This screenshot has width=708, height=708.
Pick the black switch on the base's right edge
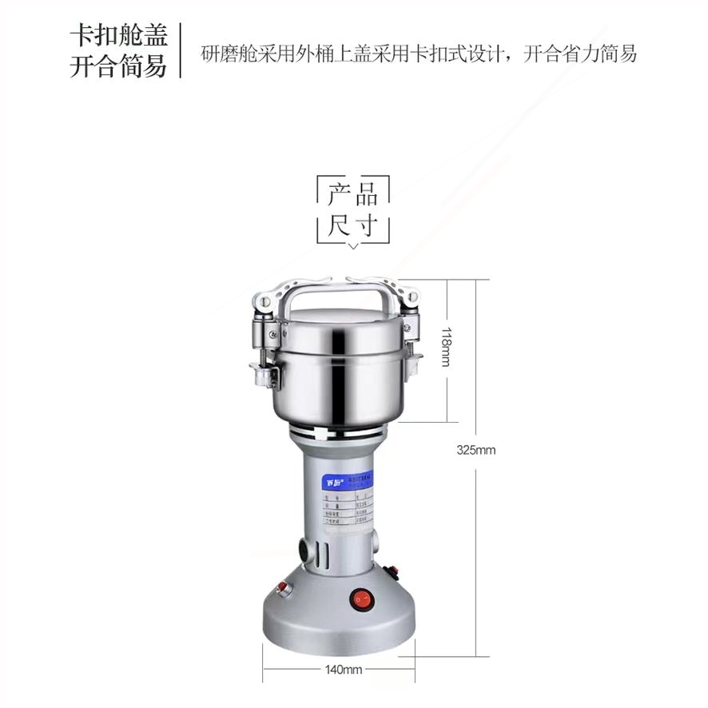tap(392, 572)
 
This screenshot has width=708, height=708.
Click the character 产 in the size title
tap(340, 194)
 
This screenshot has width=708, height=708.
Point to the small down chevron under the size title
tap(353, 246)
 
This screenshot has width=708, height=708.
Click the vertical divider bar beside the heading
tap(181, 50)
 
